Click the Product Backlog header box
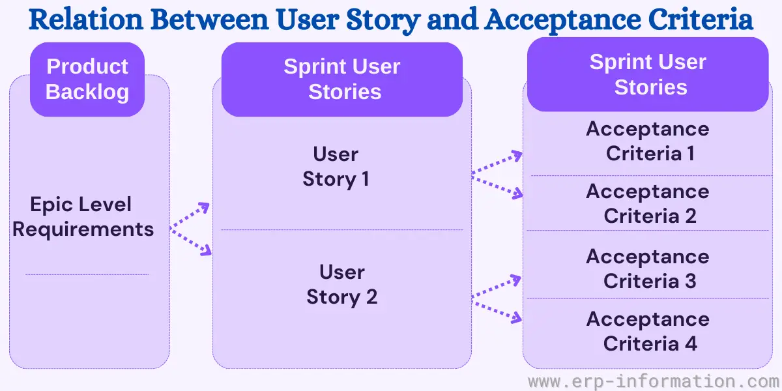click(87, 80)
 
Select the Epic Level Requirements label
click(83, 217)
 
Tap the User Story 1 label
click(336, 167)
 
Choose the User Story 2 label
click(342, 285)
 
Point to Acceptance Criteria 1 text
click(648, 141)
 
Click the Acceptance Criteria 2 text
click(648, 203)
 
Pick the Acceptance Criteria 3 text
click(648, 268)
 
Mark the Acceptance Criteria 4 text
click(648, 331)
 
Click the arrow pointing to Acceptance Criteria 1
click(497, 162)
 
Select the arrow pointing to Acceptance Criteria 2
click(497, 187)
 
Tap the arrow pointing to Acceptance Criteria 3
click(496, 287)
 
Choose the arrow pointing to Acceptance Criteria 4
click(497, 311)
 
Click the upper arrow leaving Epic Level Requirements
click(190, 216)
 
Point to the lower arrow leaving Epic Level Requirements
click(190, 242)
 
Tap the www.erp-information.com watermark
click(654, 381)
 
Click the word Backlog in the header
click(87, 92)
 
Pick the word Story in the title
click(383, 20)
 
